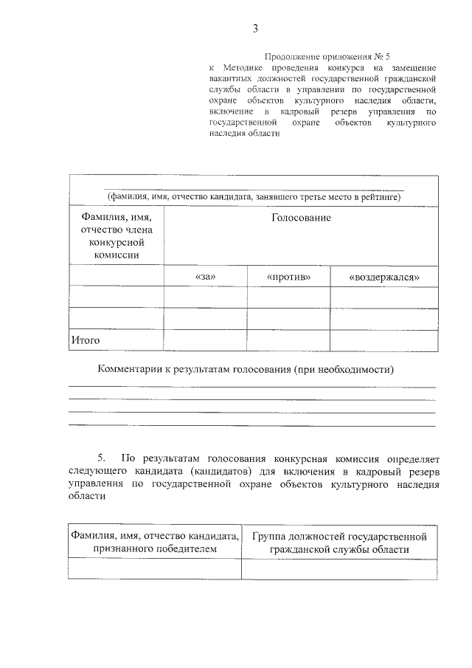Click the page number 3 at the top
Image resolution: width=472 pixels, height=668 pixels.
255,29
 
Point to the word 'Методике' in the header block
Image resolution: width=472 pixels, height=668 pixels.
243,68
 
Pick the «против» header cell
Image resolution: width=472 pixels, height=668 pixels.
288,277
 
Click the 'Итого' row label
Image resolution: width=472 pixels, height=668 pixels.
85,340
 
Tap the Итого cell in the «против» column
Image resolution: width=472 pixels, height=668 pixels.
288,340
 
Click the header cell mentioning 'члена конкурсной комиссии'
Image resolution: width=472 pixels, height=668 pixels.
116,235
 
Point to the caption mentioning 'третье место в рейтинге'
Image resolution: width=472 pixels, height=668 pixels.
253,197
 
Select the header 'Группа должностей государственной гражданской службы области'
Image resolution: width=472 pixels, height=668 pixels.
339,543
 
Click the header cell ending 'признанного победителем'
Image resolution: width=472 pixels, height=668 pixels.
155,543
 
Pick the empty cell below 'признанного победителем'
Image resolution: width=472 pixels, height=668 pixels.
155,569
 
